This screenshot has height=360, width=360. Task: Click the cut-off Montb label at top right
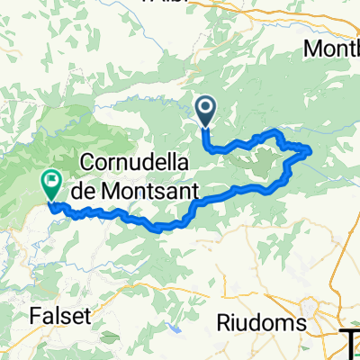click(332, 49)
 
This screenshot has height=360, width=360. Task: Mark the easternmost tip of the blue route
click(311, 149)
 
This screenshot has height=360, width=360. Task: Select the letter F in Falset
click(36, 317)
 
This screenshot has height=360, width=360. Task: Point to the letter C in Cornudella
click(89, 163)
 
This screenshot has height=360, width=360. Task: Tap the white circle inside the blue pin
click(205, 110)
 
